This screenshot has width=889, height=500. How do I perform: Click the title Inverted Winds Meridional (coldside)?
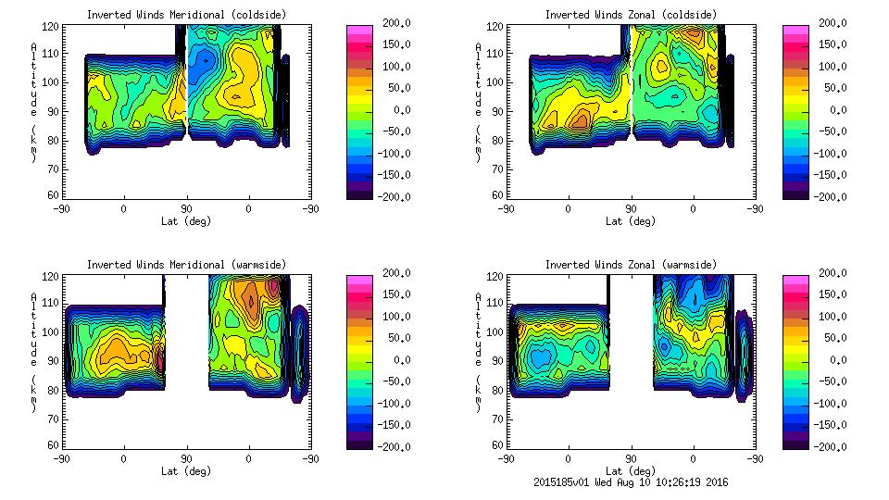pos(186,14)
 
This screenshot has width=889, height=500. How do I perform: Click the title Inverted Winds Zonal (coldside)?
pos(631,14)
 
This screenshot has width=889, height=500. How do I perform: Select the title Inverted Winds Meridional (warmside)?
pos(186,265)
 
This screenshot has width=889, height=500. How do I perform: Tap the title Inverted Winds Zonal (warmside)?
pos(631,265)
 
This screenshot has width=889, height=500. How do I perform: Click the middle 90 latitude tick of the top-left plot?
pos(186,209)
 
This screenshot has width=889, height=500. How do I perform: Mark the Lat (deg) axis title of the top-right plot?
pos(631,221)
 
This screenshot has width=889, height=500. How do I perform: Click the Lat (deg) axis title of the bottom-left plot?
pos(186,471)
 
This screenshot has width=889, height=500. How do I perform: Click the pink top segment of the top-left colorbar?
pos(358,30)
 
